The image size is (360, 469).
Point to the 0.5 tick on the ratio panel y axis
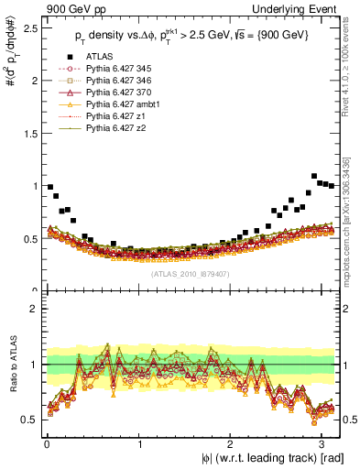(30, 420)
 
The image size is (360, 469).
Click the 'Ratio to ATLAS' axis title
(10, 367)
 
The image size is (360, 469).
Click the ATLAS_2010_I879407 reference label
(191, 272)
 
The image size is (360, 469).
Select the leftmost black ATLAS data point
(49, 187)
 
